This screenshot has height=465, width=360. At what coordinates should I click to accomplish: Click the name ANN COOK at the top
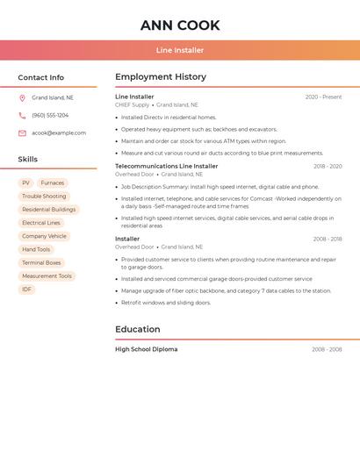pos(180,25)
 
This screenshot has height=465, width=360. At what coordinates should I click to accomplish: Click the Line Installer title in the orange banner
pos(180,51)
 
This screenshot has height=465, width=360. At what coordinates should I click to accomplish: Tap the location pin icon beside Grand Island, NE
pos(22,98)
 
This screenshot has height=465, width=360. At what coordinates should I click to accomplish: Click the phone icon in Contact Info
pos(22,116)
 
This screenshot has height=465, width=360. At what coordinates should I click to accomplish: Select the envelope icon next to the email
pos(22,133)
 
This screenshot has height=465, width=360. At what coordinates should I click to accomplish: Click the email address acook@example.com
pos(59,133)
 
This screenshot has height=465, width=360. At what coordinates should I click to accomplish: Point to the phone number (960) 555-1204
pos(50,116)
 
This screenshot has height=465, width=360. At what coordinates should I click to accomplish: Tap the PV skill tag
pos(26,183)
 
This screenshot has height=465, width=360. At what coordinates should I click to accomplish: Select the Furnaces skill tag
pos(52,183)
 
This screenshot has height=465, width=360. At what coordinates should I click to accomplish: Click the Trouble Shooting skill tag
pos(44,197)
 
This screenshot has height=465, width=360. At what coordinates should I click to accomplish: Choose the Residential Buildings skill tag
pos(49,210)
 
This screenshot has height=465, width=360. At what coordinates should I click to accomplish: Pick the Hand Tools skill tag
pos(36,249)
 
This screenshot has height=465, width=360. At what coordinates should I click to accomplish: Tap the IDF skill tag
pos(26,289)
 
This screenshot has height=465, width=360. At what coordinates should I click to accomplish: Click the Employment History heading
pos(161,77)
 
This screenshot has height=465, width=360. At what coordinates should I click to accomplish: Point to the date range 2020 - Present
pos(323,97)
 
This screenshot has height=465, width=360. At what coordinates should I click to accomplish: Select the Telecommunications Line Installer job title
pos(166,166)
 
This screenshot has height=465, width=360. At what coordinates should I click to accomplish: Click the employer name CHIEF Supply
pos(133,104)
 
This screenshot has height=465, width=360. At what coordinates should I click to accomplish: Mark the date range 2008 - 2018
pos(327,239)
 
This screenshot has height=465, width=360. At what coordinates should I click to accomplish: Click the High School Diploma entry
pos(146,349)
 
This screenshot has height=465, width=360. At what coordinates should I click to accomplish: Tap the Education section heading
pos(138,330)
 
